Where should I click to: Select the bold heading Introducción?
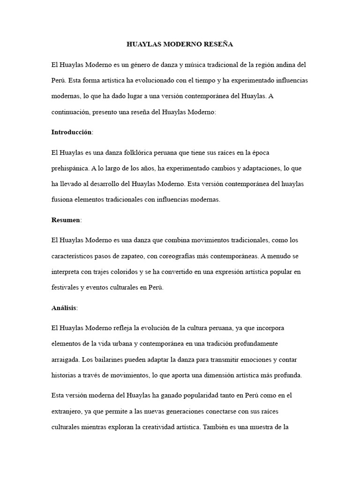pyautogui.click(x=72, y=132)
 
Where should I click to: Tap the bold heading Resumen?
pyautogui.click(x=66, y=220)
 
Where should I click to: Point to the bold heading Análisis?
pyautogui.click(x=64, y=308)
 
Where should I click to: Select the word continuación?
pyautogui.click(x=70, y=112)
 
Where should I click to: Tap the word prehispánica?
pyautogui.click(x=71, y=168)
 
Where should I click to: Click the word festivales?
pyautogui.click(x=65, y=287)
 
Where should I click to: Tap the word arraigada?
pyautogui.click(x=65, y=360)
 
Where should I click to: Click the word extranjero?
pyautogui.click(x=67, y=411)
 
